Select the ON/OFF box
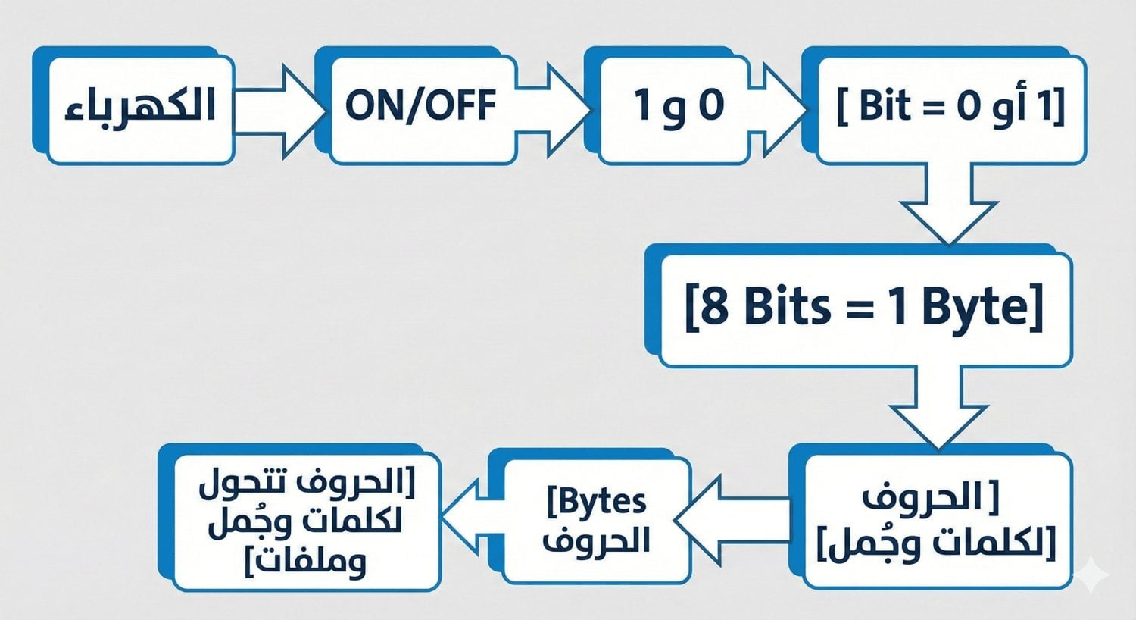pos(420,106)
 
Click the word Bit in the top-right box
pos(885,106)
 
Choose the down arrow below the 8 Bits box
pos(939,409)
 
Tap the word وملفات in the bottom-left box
pos(311,562)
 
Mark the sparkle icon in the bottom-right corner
pos(1093,573)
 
